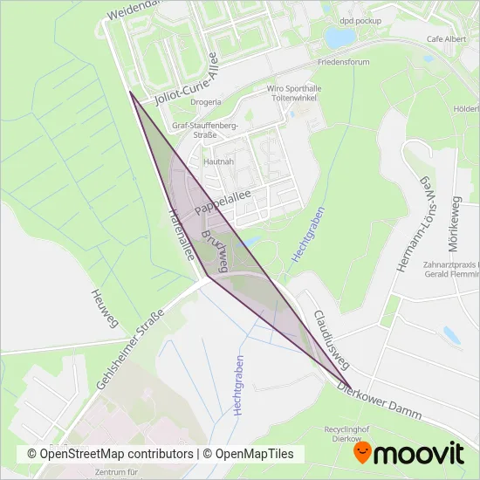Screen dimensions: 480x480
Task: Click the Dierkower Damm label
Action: (x=383, y=402)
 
